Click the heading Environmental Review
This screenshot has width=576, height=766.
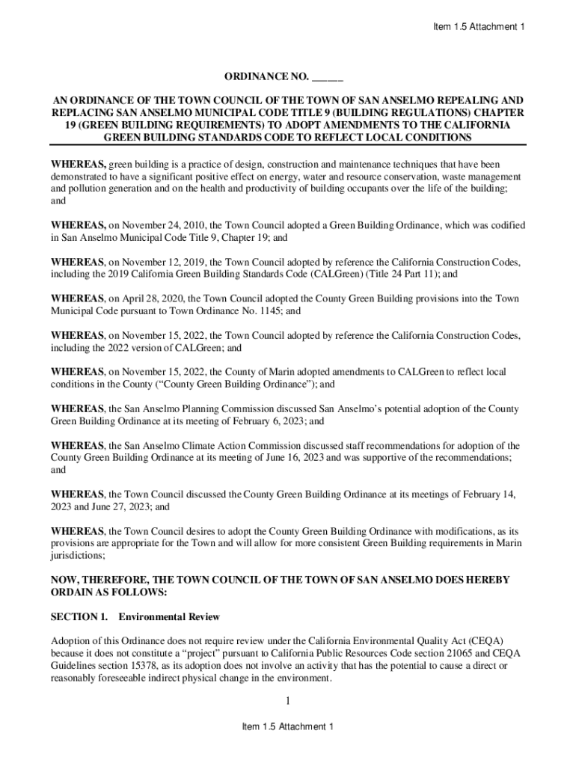169,617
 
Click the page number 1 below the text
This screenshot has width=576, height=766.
288,701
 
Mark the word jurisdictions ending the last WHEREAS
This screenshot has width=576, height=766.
76,556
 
